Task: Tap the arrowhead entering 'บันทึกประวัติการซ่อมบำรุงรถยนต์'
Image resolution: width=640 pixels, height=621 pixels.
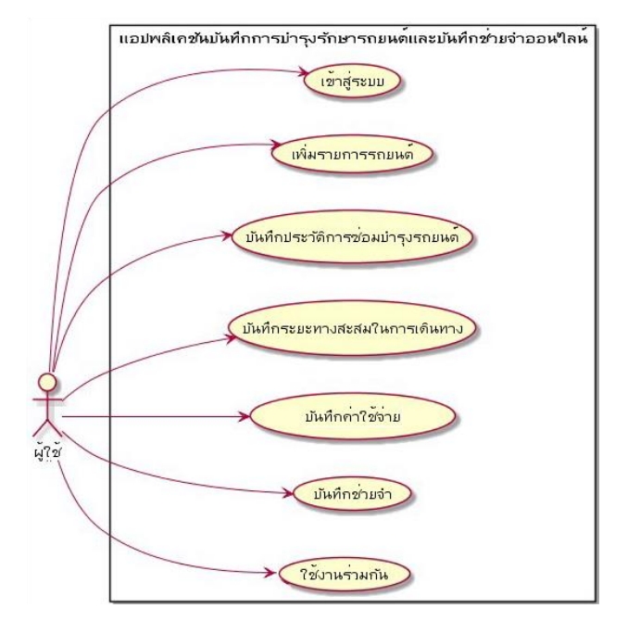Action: (x=230, y=235)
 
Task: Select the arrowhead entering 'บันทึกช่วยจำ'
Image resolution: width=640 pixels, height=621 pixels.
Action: (x=285, y=491)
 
